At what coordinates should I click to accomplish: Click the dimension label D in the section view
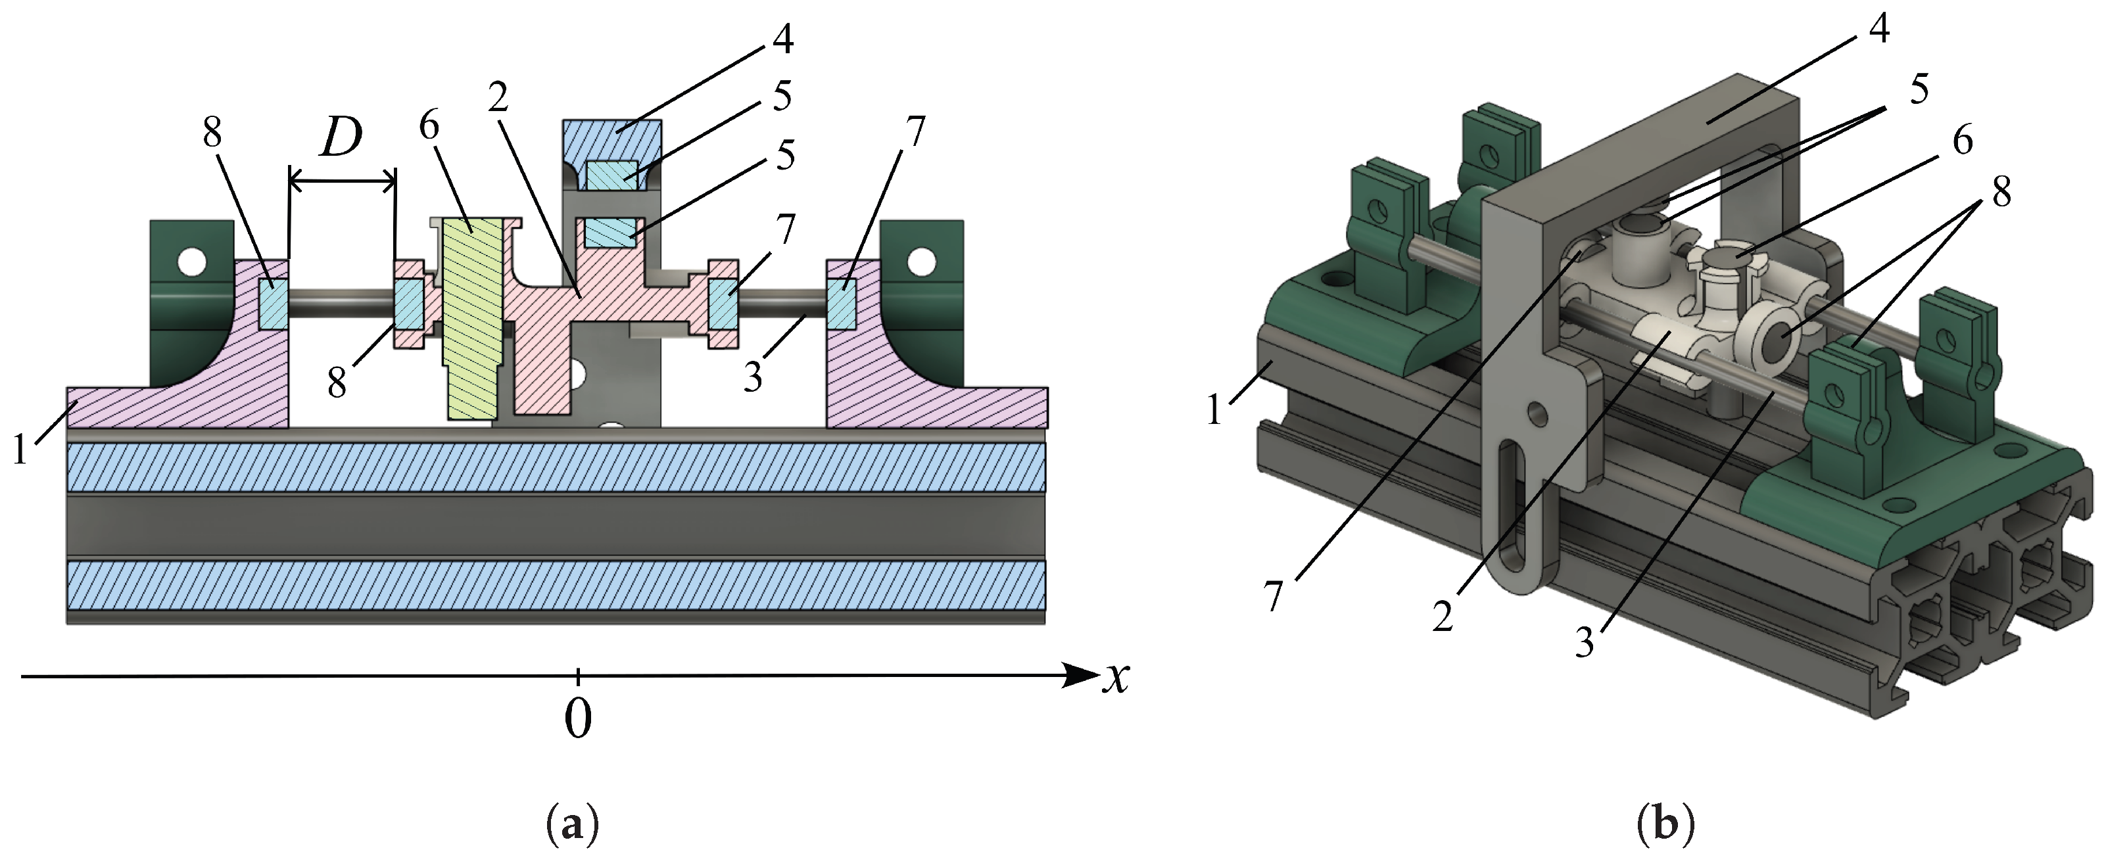coord(341,141)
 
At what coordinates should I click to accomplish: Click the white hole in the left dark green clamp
coord(193,263)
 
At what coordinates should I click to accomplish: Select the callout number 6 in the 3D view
coord(1962,141)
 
